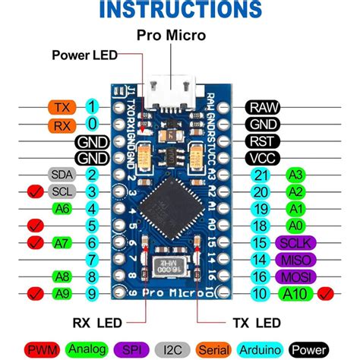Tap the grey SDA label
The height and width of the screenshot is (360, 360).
pos(60,175)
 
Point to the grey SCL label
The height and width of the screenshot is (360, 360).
pos(60,191)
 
